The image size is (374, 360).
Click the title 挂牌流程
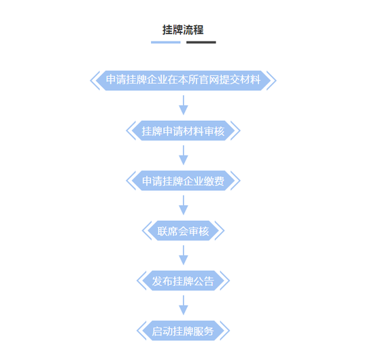[x=183, y=30]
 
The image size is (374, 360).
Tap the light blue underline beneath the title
[x=165, y=42]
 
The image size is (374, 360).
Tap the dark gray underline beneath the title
[x=201, y=42]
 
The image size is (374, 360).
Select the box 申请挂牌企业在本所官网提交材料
[x=183, y=81]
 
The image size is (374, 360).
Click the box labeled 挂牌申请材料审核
[x=183, y=130]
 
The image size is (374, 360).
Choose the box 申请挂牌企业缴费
[x=183, y=181]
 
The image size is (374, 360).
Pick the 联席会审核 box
[x=183, y=231]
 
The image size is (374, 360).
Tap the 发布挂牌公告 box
[x=183, y=281]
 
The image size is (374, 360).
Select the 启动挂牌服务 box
[x=183, y=331]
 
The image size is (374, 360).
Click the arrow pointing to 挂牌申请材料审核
[x=184, y=105]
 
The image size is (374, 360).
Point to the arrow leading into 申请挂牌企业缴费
[x=184, y=156]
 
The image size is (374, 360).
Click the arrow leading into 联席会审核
[x=184, y=205]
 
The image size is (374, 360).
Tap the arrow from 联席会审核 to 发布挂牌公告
[x=184, y=255]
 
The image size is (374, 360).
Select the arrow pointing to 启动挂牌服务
[x=184, y=306]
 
